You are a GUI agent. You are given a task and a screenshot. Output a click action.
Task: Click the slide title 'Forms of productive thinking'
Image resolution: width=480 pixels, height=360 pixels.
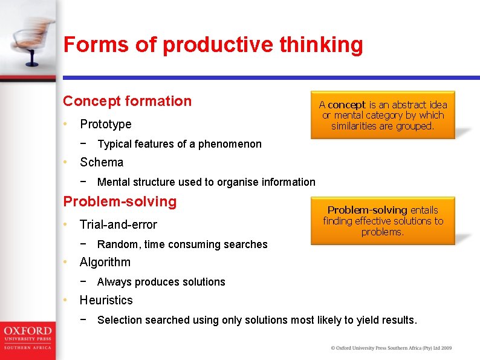(213, 45)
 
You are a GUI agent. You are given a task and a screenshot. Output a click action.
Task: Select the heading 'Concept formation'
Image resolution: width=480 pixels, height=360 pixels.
(127, 101)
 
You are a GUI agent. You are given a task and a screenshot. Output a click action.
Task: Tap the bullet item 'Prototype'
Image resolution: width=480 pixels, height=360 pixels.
(106, 124)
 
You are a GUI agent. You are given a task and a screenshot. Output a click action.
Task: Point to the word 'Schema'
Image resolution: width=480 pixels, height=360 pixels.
(102, 162)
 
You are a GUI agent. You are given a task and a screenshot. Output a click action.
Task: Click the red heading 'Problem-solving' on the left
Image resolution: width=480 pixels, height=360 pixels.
(120, 201)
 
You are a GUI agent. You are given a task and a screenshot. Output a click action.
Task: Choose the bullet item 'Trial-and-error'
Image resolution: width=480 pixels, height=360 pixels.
(118, 224)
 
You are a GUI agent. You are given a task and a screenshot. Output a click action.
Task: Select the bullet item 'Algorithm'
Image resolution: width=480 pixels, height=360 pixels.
(105, 262)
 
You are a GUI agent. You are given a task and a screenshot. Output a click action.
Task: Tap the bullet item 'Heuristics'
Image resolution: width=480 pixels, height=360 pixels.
(106, 300)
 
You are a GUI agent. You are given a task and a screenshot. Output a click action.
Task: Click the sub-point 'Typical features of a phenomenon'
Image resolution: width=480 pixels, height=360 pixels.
(180, 144)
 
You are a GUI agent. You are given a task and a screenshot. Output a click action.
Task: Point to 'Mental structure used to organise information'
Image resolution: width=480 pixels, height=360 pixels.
(206, 182)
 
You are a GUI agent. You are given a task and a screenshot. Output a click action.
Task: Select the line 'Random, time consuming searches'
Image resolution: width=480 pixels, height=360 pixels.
(182, 244)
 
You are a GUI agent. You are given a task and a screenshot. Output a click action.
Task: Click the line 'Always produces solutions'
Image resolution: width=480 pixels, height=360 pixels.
(161, 282)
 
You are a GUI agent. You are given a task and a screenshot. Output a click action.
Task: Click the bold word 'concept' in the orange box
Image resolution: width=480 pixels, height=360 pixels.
(346, 105)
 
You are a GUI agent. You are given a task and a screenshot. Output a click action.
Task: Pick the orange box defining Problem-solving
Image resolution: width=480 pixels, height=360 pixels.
(383, 221)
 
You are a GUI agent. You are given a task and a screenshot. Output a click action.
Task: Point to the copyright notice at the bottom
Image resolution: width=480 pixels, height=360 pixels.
(391, 348)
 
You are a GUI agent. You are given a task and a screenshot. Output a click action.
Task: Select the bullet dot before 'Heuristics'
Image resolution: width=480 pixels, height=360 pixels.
(66, 300)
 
